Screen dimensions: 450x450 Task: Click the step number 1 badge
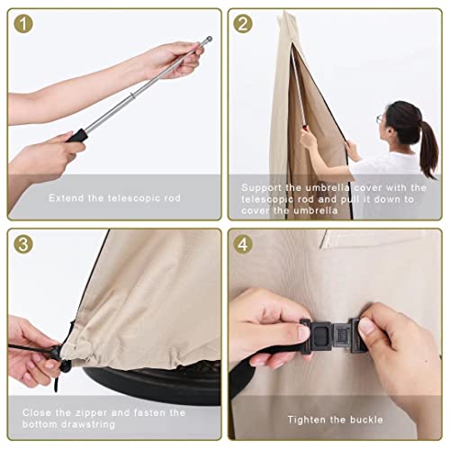[25, 25]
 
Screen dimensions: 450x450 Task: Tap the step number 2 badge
[244, 25]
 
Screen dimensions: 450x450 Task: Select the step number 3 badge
[25, 245]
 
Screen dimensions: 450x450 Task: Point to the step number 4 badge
[244, 245]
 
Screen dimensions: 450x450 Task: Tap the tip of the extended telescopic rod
[209, 39]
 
